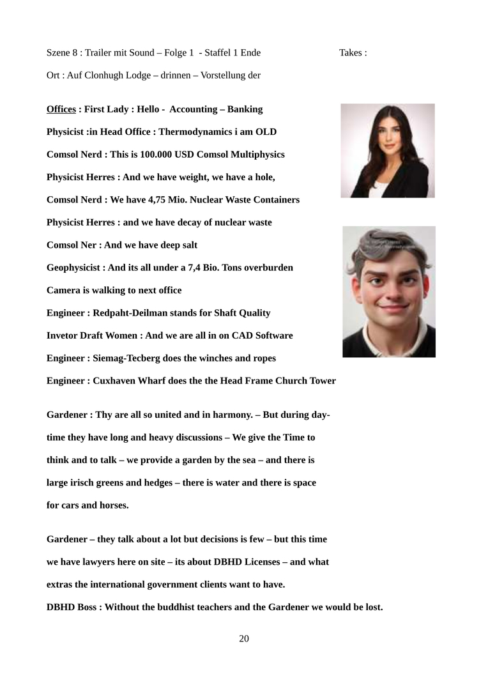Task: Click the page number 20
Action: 244,638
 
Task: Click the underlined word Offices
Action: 61,109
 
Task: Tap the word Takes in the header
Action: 350,52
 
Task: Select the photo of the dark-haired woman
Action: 388,151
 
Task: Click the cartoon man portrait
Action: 389,291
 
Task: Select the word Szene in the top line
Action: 59,52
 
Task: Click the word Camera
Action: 63,290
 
